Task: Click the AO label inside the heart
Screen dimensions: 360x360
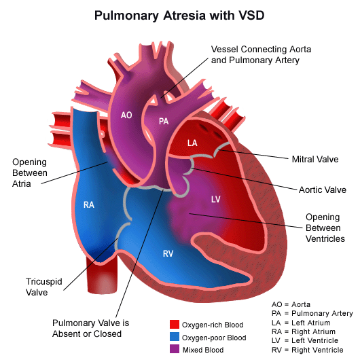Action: [x=126, y=115]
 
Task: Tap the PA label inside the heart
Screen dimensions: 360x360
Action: [x=164, y=121]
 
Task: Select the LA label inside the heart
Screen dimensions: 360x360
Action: [x=192, y=143]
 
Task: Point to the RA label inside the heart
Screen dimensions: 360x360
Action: [x=89, y=204]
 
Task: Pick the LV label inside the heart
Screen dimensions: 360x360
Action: [x=216, y=199]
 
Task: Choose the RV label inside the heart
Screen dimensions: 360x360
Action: [x=168, y=253]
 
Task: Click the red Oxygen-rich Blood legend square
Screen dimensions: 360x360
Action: [x=175, y=324]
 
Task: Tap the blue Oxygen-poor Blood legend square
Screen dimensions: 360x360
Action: [x=175, y=336]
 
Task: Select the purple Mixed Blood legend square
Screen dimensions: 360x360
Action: [x=175, y=348]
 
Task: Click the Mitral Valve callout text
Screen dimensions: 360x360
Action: [x=315, y=159]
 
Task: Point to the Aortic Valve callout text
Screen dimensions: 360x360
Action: [x=323, y=190]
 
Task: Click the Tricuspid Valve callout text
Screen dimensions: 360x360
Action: [x=44, y=287]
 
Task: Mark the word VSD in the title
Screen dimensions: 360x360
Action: [x=251, y=16]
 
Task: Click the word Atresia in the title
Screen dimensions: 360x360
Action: [x=184, y=16]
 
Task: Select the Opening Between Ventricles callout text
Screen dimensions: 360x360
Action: [x=325, y=228]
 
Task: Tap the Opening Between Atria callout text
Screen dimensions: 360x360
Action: [x=30, y=173]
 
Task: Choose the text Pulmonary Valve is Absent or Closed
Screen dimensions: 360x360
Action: [x=91, y=328]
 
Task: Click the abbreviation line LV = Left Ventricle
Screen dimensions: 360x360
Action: [x=305, y=340]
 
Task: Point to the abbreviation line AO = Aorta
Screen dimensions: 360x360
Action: [x=291, y=304]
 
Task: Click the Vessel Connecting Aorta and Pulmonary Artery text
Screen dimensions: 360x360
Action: [x=261, y=54]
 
